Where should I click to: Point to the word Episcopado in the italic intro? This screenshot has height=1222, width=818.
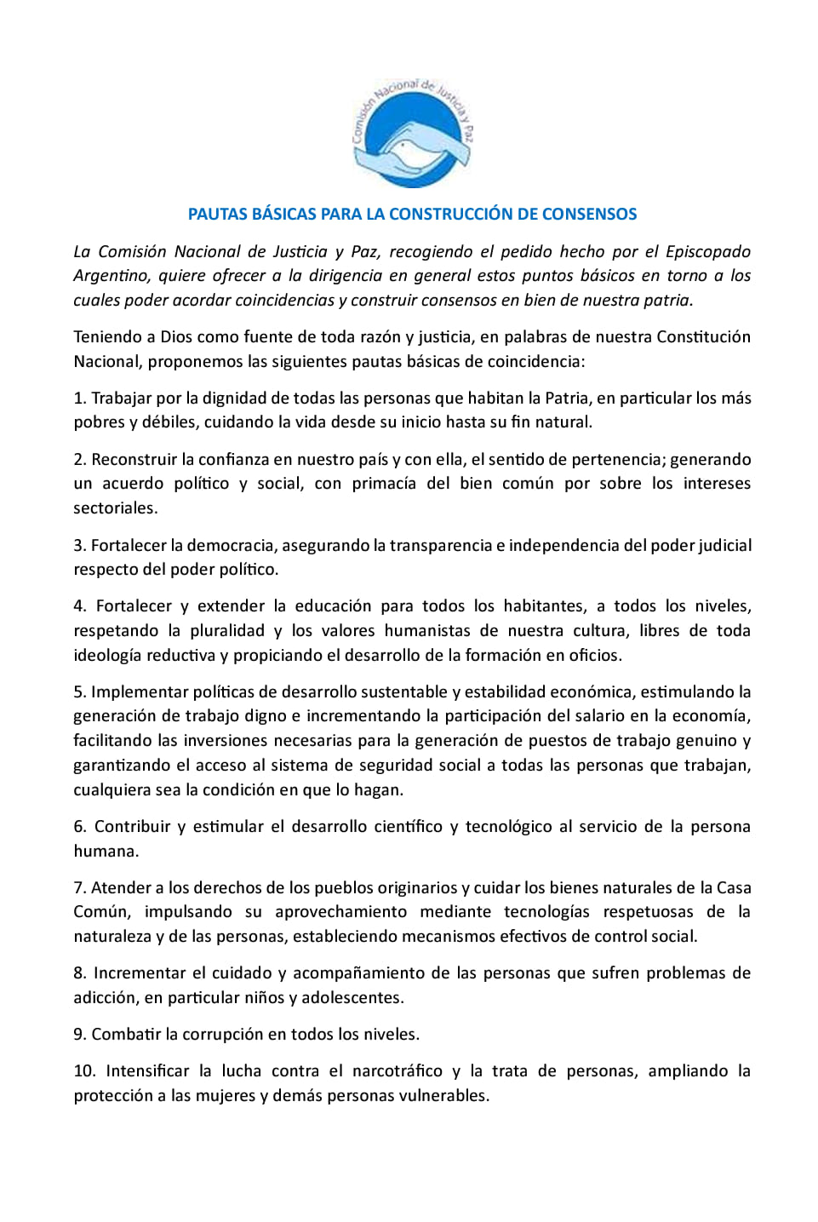(x=708, y=251)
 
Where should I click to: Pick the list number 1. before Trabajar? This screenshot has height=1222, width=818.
(x=80, y=398)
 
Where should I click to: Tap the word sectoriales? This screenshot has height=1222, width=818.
(x=115, y=508)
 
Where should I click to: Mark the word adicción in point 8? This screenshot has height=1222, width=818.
(x=104, y=998)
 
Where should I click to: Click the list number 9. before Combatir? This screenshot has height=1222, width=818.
(x=80, y=1035)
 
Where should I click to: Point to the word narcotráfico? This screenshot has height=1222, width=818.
(x=396, y=1071)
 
